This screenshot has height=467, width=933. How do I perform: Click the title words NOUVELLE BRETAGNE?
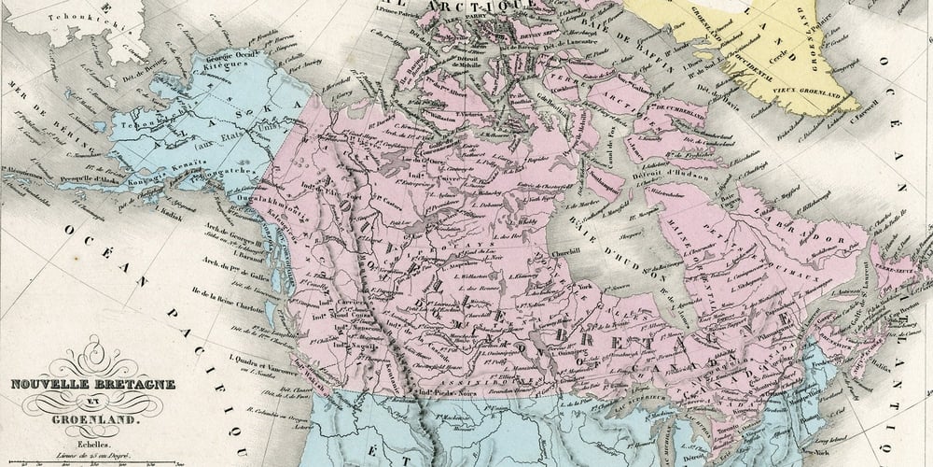(92, 385)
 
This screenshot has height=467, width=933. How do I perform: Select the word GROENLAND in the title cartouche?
(93, 419)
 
